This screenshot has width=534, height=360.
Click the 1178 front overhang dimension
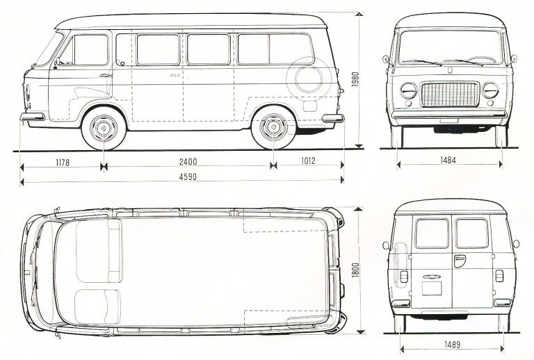pyautogui.click(x=63, y=163)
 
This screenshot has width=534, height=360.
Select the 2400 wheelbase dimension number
pyautogui.click(x=188, y=161)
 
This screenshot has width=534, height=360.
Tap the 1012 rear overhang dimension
pyautogui.click(x=308, y=161)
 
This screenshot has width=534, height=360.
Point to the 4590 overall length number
pyautogui.click(x=188, y=177)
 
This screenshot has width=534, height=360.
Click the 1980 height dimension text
pyautogui.click(x=355, y=79)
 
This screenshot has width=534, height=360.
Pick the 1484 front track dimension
pyautogui.click(x=448, y=160)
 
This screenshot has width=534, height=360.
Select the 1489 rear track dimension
pyautogui.click(x=452, y=345)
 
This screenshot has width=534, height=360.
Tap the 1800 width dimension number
pyautogui.click(x=355, y=270)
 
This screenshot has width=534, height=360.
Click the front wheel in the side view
pyautogui.click(x=104, y=128)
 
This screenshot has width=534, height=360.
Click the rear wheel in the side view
pyautogui.click(x=273, y=127)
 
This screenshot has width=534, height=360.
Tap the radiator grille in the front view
pyautogui.click(x=450, y=95)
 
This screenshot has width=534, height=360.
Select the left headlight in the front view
pyautogui.click(x=408, y=91)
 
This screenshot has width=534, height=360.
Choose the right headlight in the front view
pyautogui.click(x=491, y=91)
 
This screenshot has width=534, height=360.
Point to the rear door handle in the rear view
pyautogui.click(x=460, y=261)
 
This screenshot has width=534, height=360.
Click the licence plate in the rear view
pyautogui.click(x=432, y=288)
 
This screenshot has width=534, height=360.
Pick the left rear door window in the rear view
pyautogui.click(x=432, y=234)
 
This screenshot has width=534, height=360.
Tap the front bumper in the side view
pyautogui.click(x=33, y=117)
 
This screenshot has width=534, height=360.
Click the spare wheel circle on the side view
pyautogui.click(x=309, y=79)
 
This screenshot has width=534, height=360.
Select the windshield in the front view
pyautogui.click(x=451, y=47)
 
